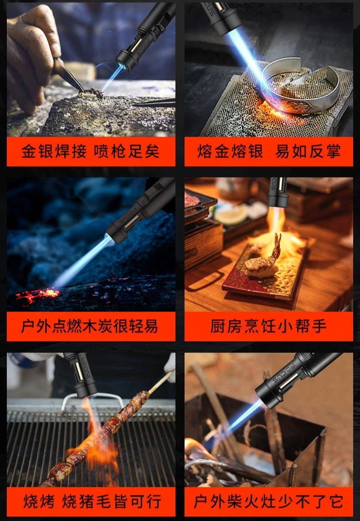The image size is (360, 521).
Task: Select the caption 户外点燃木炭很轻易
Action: click(91, 326)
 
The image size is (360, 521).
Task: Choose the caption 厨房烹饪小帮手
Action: click(269, 326)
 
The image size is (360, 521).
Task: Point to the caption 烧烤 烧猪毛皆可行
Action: click(91, 501)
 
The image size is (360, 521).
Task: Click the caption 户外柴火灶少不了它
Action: click(269, 501)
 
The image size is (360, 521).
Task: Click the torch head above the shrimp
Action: click(278, 194)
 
